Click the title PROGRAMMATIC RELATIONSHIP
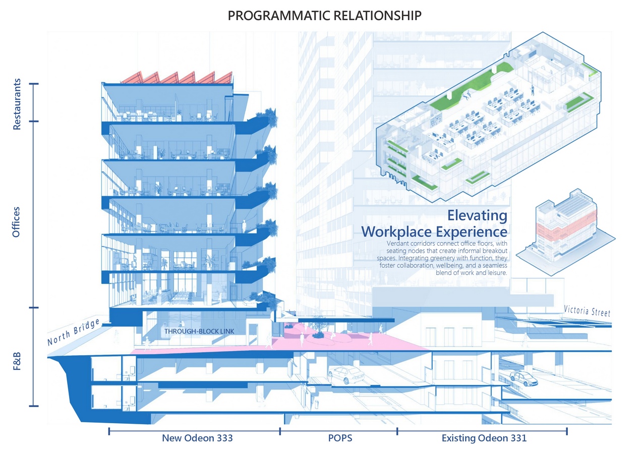324,16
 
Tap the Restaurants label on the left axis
17,104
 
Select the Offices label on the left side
17,222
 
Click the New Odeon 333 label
197,438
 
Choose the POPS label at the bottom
336,438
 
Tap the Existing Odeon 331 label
484,438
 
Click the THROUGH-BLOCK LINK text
199,332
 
